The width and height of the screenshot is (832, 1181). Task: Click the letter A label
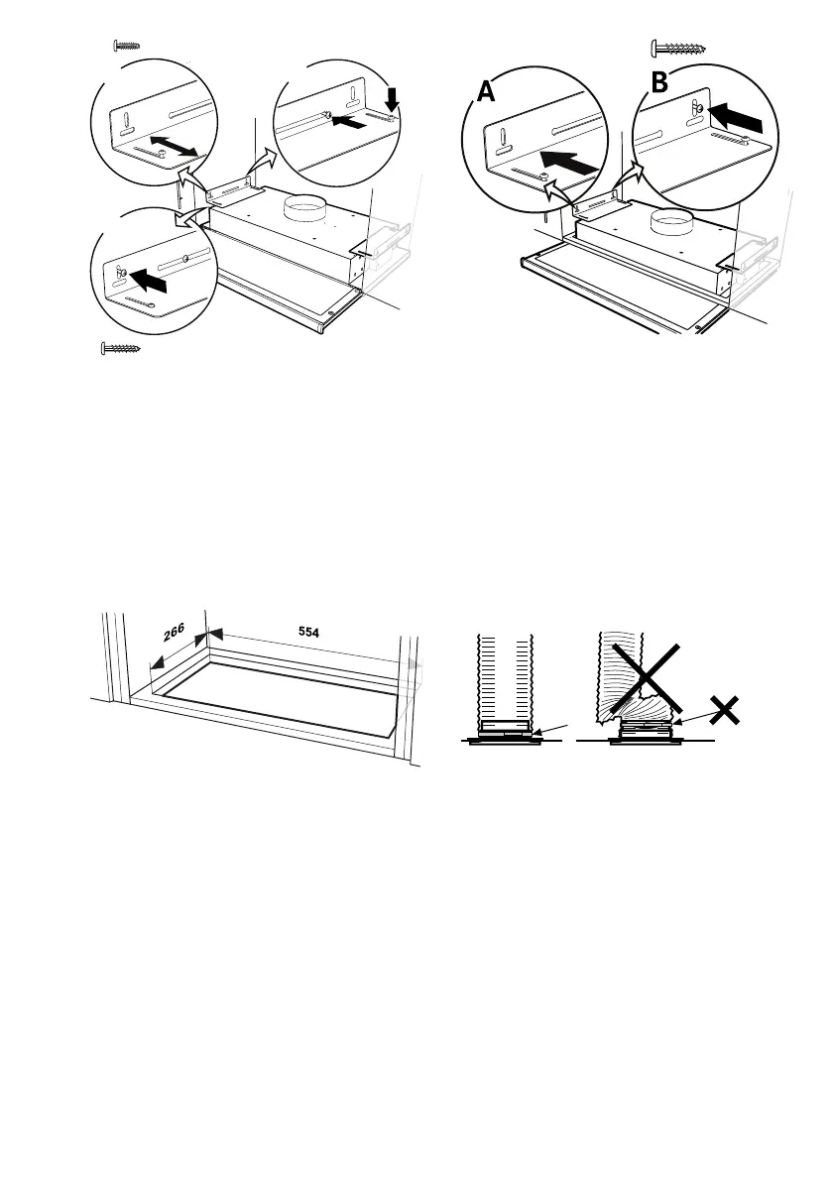point(485,92)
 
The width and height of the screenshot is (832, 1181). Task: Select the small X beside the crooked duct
point(726,709)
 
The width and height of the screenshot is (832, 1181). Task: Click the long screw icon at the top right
point(682,46)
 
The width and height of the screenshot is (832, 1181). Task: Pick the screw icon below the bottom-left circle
point(121,348)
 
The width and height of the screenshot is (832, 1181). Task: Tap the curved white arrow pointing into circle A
point(561,192)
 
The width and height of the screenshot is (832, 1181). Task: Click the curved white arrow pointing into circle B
point(627,178)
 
